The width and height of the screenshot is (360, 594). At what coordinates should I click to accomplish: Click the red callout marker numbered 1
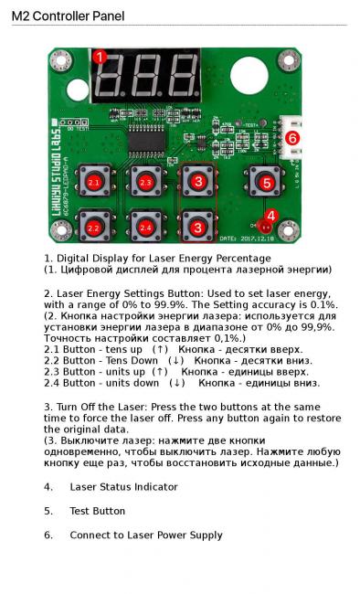(x=100, y=58)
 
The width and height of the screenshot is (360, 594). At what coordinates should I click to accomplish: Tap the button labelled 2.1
(x=93, y=183)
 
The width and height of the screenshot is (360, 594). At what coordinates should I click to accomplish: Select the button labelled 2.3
(x=146, y=182)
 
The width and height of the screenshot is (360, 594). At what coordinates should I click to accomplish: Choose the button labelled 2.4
(x=146, y=228)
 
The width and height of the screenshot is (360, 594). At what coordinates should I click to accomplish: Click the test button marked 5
(x=267, y=183)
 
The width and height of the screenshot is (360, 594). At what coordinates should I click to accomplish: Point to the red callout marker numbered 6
(x=292, y=138)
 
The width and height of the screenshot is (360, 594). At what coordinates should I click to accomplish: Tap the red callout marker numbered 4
(x=271, y=217)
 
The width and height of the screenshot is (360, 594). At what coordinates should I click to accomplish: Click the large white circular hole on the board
(x=249, y=76)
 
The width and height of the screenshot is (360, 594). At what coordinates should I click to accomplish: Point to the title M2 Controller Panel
(x=68, y=16)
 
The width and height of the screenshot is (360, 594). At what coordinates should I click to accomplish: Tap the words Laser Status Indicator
(x=123, y=487)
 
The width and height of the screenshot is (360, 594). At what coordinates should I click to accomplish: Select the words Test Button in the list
(x=98, y=511)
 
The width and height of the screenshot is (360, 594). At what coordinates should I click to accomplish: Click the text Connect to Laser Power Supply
(x=146, y=536)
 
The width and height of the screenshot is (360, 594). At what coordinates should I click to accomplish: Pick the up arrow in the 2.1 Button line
(x=160, y=349)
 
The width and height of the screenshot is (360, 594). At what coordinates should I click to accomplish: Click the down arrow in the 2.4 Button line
(x=177, y=383)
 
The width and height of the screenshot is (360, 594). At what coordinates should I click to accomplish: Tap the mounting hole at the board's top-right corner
(x=289, y=59)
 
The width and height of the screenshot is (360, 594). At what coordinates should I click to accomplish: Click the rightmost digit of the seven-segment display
(x=184, y=75)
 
